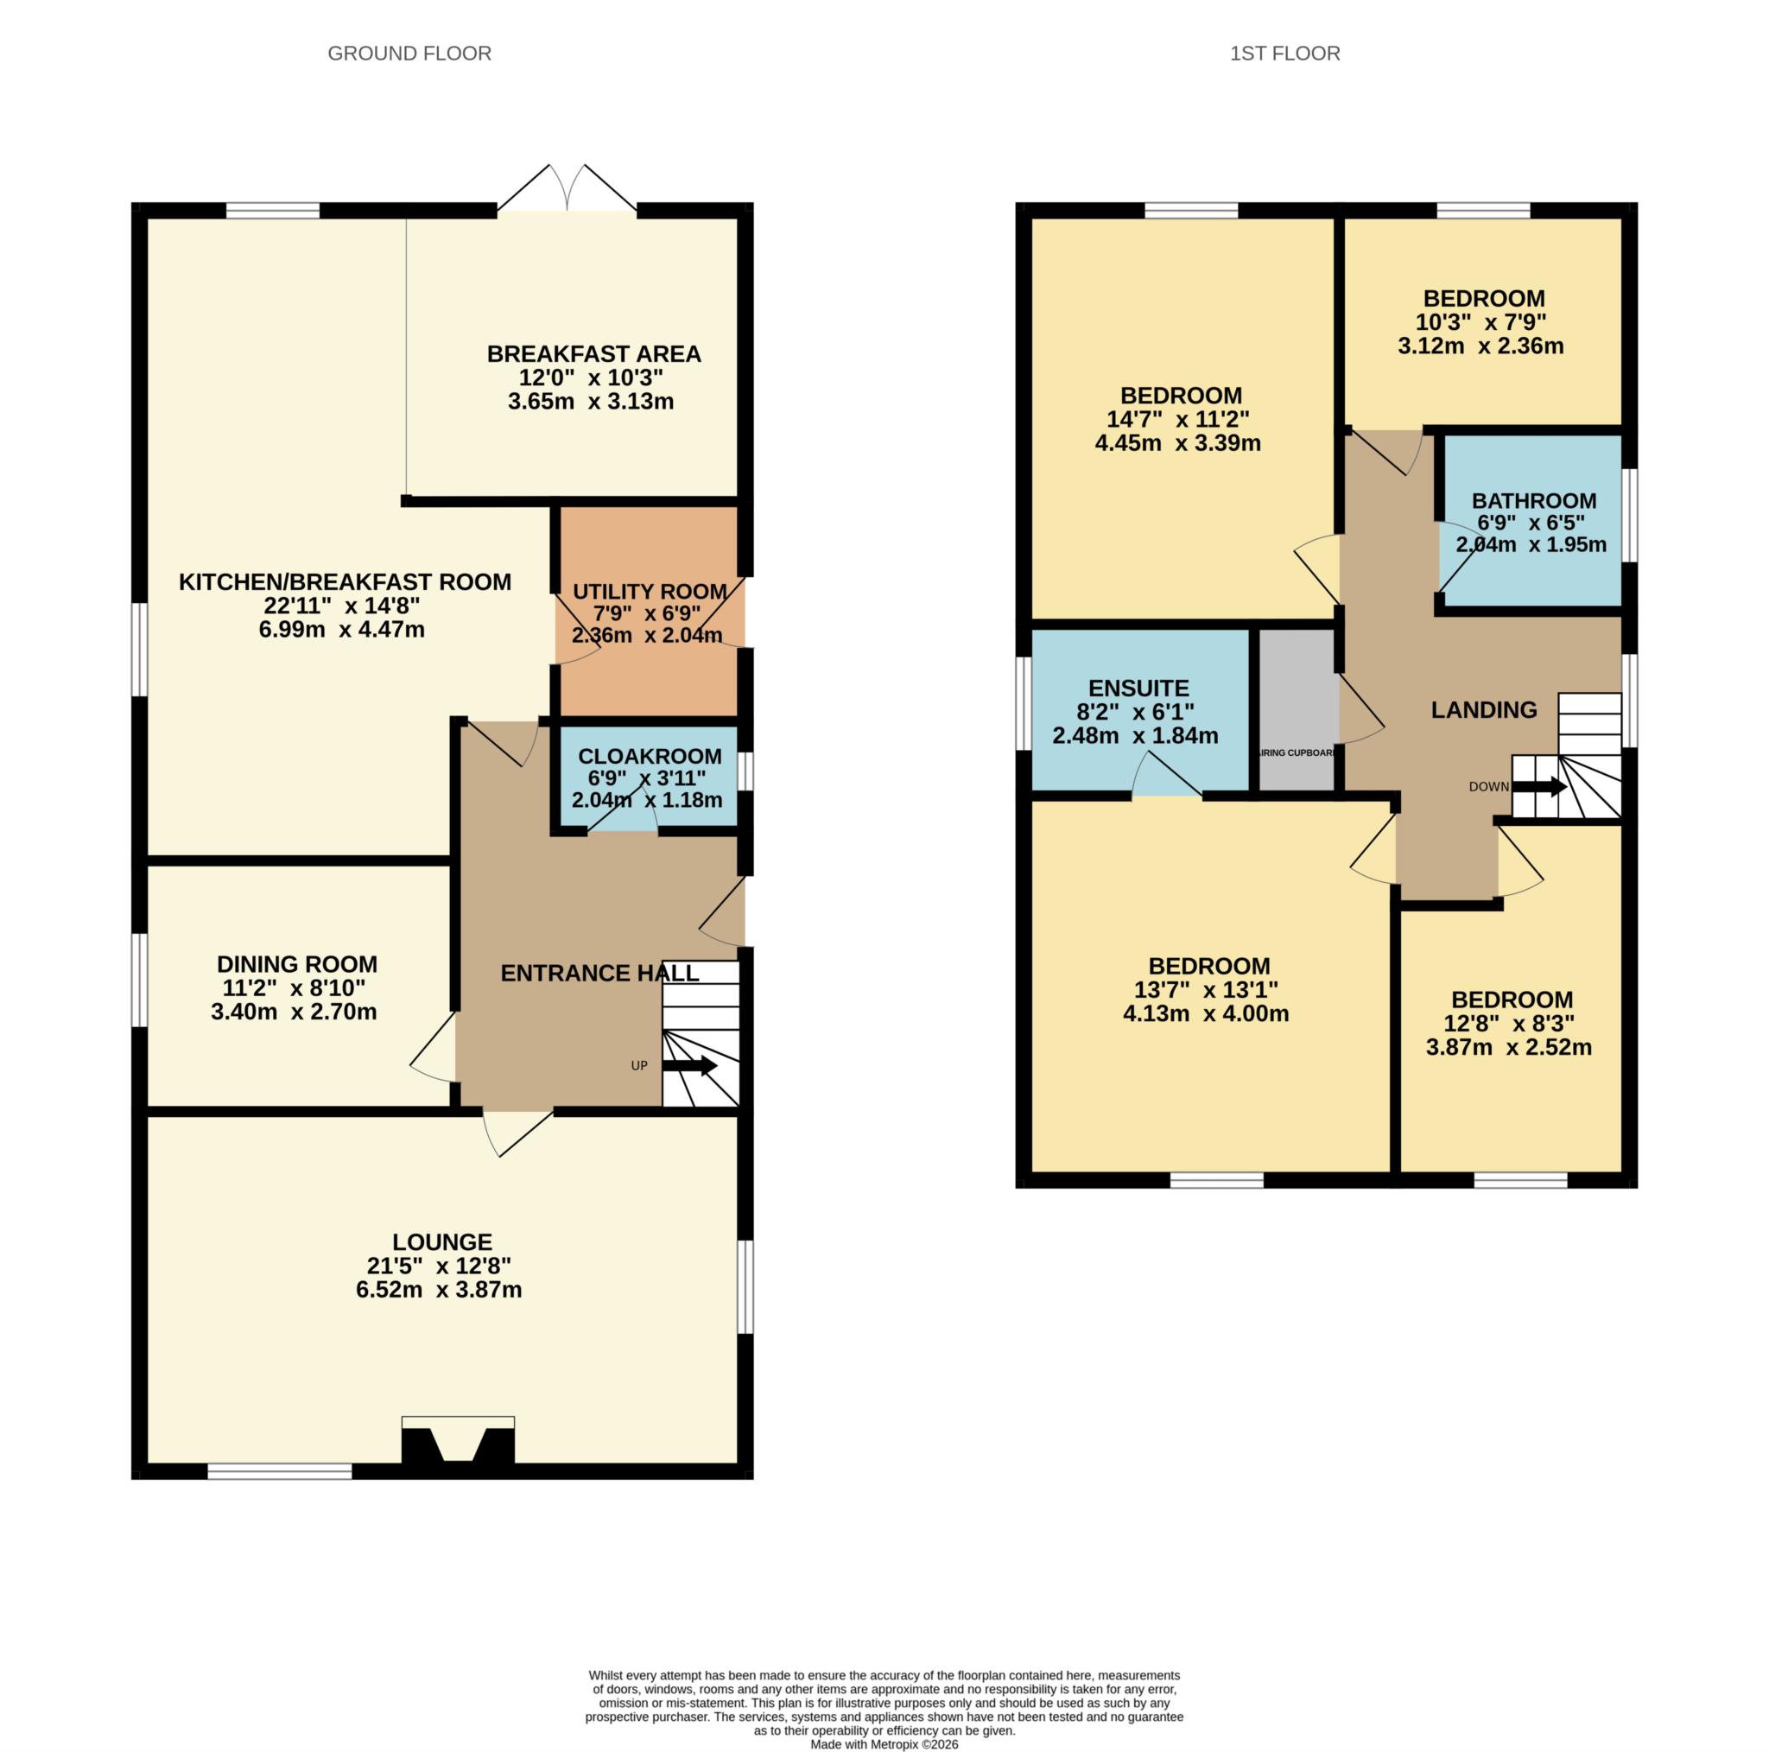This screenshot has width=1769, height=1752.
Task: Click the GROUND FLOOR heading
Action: point(409,53)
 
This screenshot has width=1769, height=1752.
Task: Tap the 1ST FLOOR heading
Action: point(1284,53)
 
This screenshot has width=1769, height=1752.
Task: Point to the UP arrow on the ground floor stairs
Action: point(688,1066)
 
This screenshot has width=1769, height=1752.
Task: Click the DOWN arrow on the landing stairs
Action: point(1538,787)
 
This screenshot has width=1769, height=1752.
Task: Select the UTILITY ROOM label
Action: point(650,592)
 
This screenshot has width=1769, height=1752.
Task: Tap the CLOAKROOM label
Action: point(650,757)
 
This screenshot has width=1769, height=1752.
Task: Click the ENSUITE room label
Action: point(1138,688)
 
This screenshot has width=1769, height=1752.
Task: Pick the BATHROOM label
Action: point(1534,501)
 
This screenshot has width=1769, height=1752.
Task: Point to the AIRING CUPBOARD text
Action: point(1297,752)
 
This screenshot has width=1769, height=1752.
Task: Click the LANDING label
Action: point(1484,710)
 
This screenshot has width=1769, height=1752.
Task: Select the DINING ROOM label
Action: point(296,964)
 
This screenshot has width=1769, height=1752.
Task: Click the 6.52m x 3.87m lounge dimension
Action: point(439,1290)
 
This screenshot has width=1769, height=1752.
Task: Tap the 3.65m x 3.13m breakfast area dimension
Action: point(591,401)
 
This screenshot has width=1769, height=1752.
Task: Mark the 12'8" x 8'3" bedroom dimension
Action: point(1509,1023)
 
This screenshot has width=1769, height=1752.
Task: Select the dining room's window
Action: point(139,980)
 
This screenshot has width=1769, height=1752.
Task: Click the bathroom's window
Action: point(1629,516)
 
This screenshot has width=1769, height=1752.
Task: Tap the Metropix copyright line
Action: point(884,1745)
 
